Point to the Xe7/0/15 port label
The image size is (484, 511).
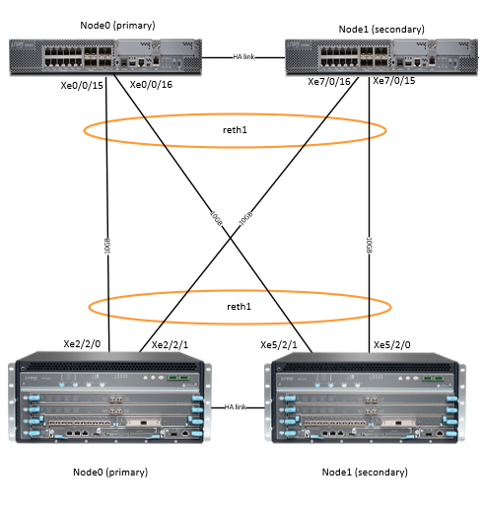tap(396, 81)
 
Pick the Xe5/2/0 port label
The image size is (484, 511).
tap(393, 345)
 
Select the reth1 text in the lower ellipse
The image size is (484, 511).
tap(240, 306)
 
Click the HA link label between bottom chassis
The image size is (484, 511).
tap(236, 406)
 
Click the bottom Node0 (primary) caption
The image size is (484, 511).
tap(109, 472)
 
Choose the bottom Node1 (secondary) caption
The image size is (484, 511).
tap(361, 472)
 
